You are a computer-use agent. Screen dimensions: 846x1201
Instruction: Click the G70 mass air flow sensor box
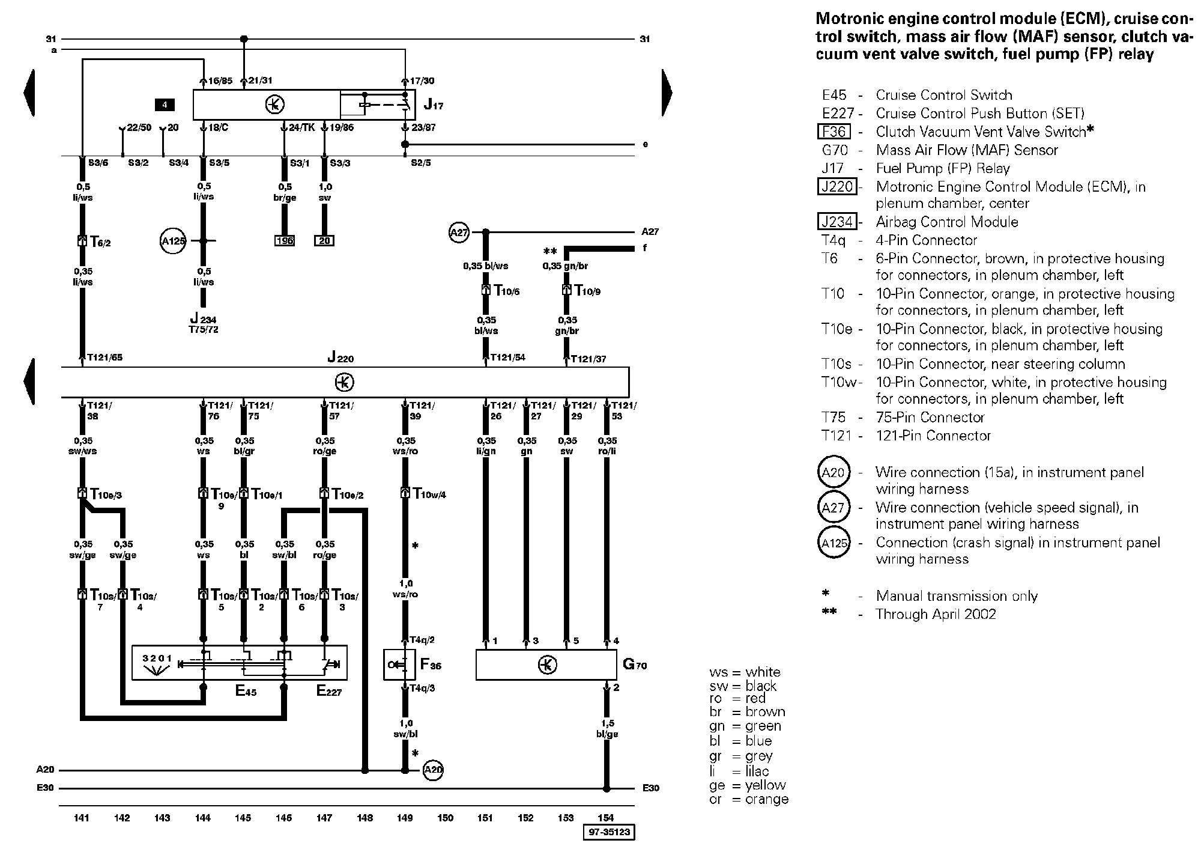(546, 665)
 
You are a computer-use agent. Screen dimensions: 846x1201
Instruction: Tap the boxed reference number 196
(284, 241)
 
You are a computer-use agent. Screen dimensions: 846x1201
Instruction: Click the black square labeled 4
(165, 105)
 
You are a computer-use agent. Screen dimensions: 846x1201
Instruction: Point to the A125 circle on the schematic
(173, 241)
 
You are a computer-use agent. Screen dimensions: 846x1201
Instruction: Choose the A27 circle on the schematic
(459, 232)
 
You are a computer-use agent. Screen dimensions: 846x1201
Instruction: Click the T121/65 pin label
(104, 358)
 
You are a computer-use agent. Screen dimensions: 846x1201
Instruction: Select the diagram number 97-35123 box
(609, 832)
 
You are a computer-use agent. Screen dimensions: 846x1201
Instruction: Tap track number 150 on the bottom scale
(446, 818)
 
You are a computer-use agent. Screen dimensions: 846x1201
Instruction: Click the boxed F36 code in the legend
(833, 132)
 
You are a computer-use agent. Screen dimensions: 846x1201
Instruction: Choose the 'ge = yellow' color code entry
(747, 785)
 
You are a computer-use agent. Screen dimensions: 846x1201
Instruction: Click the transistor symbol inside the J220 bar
(344, 382)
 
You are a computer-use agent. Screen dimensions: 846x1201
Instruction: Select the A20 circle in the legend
(833, 473)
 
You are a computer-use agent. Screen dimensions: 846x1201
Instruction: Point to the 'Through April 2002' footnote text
(936, 614)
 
